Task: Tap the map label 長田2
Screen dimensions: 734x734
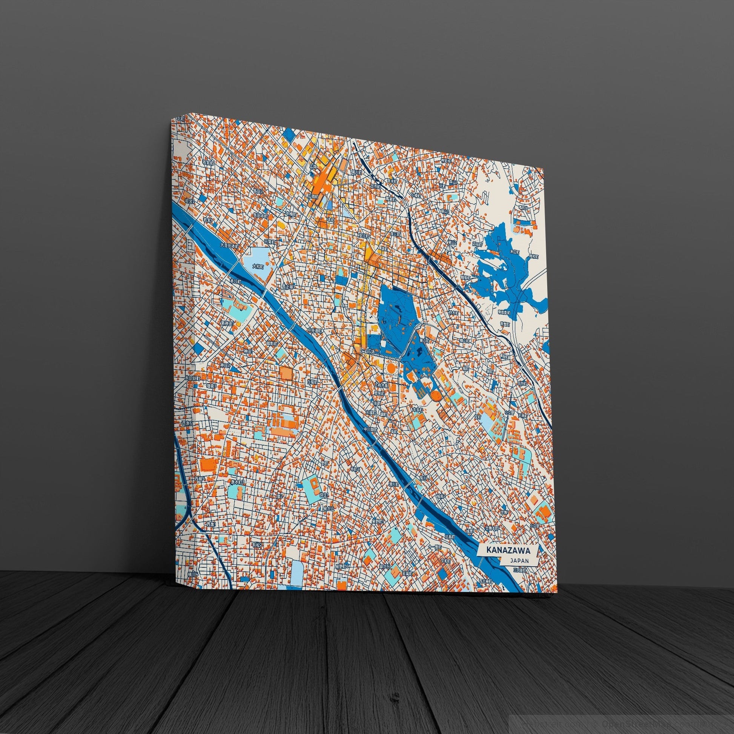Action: coord(259,191)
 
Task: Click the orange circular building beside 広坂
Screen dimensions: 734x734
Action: coord(391,367)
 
